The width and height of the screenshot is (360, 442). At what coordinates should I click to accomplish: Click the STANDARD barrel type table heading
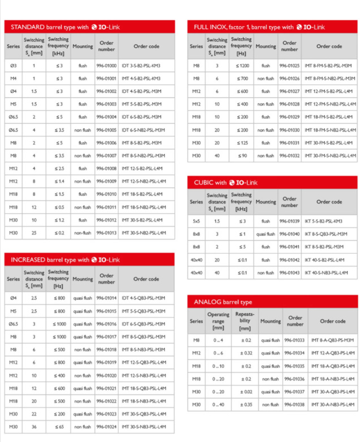click(65, 27)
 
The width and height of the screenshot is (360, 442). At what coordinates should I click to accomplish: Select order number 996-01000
click(106, 66)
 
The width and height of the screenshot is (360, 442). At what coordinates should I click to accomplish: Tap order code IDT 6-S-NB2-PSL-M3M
click(142, 130)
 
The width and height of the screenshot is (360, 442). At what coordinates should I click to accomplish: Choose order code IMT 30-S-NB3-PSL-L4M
click(144, 427)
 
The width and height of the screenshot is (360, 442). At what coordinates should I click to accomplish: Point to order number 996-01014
click(106, 298)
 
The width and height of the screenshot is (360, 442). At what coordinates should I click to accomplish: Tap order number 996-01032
click(289, 155)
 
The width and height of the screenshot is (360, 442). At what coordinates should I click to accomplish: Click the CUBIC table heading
click(225, 183)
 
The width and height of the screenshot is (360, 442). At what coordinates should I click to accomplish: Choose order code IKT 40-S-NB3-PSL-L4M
click(327, 272)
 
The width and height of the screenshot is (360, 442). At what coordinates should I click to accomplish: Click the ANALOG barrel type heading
click(223, 302)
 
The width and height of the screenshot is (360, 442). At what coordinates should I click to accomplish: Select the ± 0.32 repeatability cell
click(245, 353)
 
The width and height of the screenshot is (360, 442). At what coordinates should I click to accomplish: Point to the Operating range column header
click(218, 321)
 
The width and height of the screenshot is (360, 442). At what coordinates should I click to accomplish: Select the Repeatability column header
click(245, 321)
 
